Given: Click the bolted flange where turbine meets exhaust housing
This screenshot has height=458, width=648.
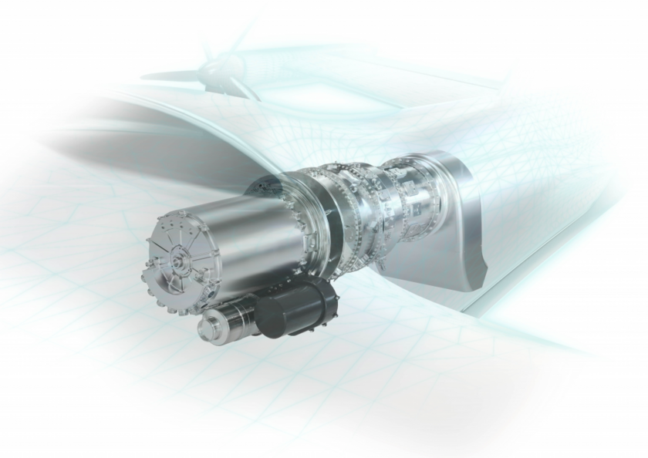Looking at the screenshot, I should [x=437, y=193].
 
